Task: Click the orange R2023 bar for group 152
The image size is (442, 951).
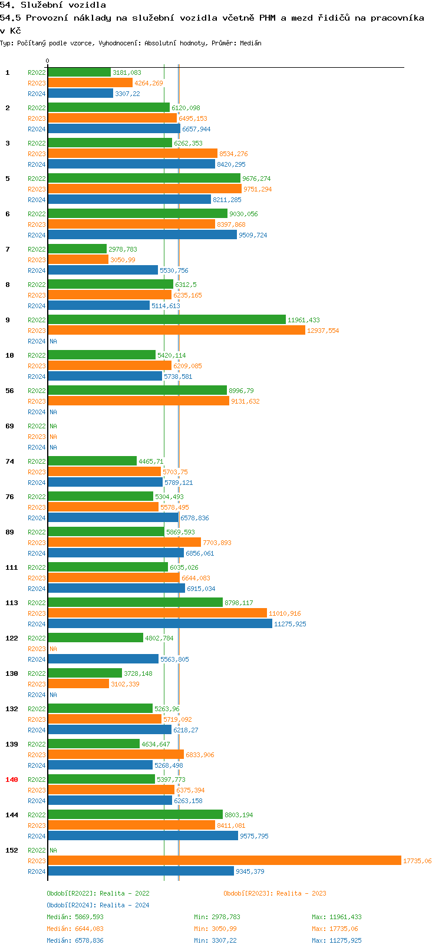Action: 224,860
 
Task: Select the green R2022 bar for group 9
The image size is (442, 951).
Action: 166,319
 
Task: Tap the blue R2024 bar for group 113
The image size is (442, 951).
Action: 160,623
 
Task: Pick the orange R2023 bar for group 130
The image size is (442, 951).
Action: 78,683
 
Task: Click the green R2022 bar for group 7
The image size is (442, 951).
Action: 77,249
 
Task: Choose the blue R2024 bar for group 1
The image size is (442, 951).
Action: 80,93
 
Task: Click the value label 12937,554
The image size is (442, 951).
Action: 323,331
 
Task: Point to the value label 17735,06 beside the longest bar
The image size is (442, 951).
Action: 417,861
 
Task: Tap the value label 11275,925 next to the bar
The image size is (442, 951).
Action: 290,624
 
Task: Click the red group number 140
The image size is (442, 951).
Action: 12,780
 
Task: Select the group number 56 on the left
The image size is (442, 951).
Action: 9,391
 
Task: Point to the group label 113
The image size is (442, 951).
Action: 12,603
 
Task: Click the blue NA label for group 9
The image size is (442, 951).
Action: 53,341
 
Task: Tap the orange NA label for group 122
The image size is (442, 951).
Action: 53,649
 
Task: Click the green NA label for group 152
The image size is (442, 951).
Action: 53,850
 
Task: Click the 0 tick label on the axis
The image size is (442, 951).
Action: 48,61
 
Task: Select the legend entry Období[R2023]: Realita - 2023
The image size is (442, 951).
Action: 275,893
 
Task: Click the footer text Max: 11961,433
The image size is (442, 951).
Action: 337,917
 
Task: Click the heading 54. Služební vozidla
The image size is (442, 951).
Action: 53,5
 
